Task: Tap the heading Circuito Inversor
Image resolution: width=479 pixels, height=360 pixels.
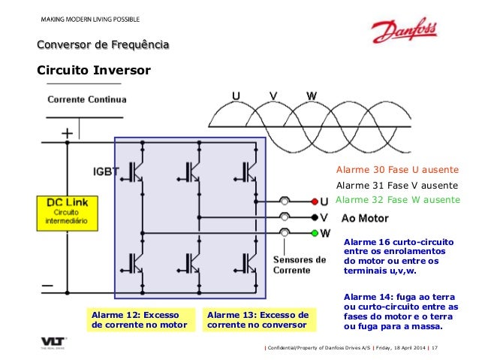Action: coord(94,71)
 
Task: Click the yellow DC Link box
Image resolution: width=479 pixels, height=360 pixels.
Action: coord(66,213)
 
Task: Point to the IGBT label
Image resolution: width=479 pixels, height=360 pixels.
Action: coord(105,171)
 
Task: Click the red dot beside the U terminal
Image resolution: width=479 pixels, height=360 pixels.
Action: coord(314,201)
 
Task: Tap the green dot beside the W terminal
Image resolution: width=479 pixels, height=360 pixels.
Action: coord(314,233)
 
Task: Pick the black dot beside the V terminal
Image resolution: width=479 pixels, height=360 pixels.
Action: coord(314,217)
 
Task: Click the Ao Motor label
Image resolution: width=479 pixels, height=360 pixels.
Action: coord(365,219)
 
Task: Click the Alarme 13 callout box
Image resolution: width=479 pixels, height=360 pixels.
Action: coord(258,320)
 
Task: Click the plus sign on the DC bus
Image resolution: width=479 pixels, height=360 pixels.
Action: coord(68,133)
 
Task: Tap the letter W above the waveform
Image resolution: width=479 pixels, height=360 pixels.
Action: coord(311,96)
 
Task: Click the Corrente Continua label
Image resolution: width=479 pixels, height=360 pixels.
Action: coord(87,99)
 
